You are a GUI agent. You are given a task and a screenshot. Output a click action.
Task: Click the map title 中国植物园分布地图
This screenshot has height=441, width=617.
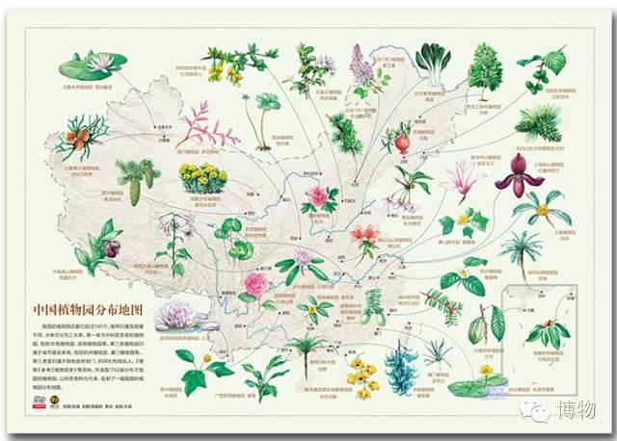87,310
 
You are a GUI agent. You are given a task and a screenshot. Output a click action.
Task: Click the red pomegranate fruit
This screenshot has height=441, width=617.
403,143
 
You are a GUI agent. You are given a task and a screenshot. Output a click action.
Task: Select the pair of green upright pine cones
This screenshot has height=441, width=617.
134,180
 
